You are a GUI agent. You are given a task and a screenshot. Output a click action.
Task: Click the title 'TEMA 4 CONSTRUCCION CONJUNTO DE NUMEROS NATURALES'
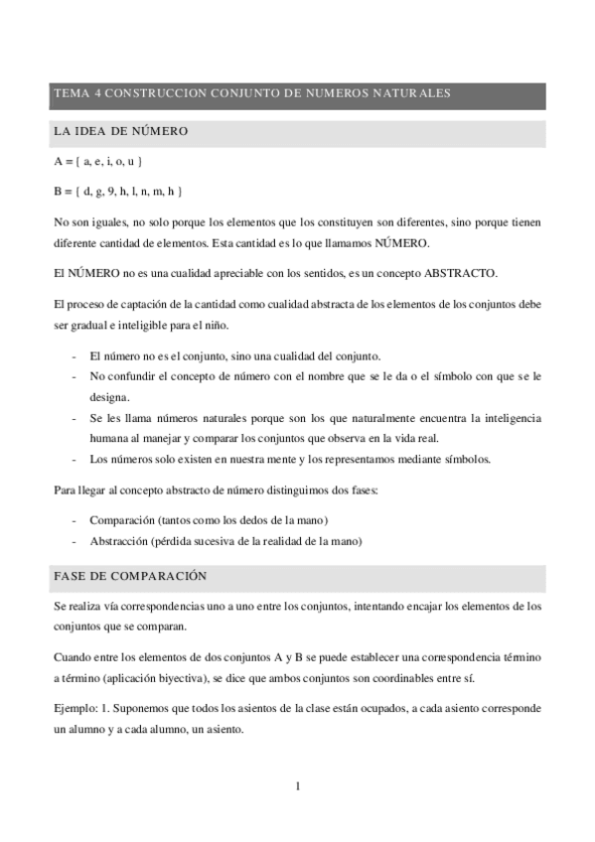pos(252,93)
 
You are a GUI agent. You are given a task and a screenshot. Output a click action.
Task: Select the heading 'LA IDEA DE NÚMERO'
pos(120,132)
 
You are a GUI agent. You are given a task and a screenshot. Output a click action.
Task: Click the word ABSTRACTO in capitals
pos(458,272)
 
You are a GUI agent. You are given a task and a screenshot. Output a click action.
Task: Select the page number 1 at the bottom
pos(297,786)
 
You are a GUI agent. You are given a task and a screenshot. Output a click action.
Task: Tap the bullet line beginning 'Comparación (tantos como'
pos(209,520)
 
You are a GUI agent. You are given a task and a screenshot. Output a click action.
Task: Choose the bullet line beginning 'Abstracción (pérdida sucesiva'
pos(225,541)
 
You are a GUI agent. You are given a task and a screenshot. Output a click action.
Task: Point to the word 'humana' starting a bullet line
pos(109,438)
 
